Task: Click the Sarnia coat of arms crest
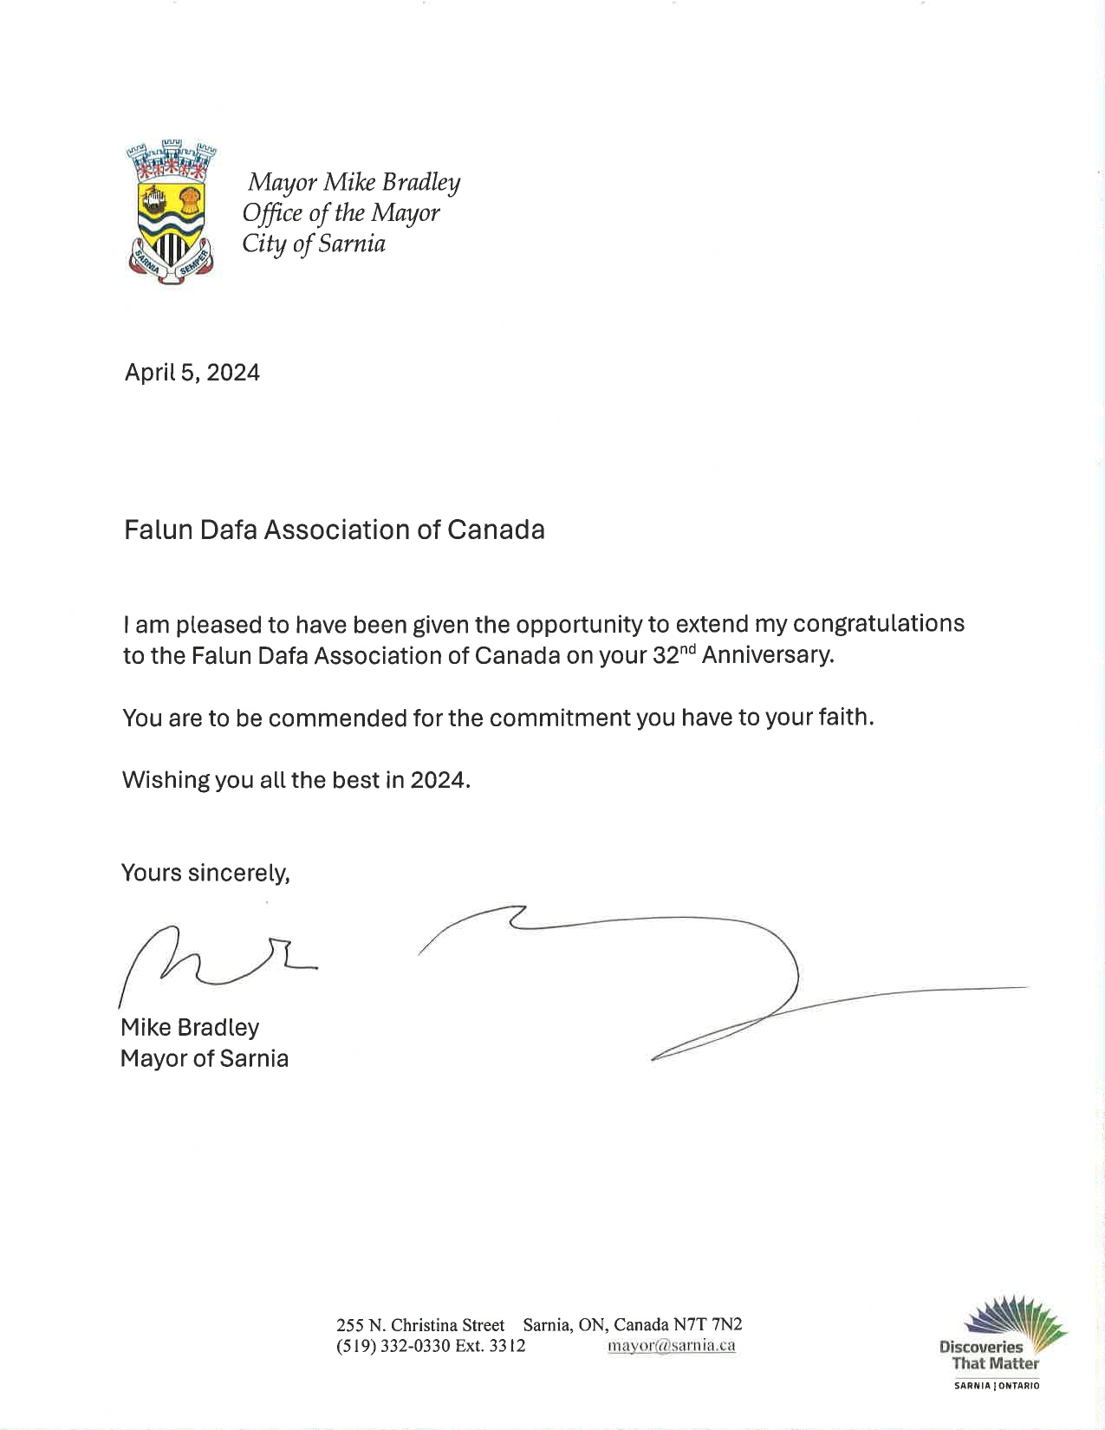pyautogui.click(x=171, y=211)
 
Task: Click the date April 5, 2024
pyautogui.click(x=192, y=373)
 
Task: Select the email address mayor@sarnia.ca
pyautogui.click(x=672, y=1346)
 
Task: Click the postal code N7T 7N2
pyautogui.click(x=708, y=1324)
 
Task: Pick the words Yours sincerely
pyautogui.click(x=205, y=873)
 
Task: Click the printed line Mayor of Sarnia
pyautogui.click(x=205, y=1058)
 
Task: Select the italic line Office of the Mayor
pyautogui.click(x=341, y=213)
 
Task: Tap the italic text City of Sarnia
pyautogui.click(x=314, y=244)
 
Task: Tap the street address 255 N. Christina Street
pyautogui.click(x=420, y=1324)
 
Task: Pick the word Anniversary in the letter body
pyautogui.click(x=767, y=654)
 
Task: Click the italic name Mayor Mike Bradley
pyautogui.click(x=354, y=183)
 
